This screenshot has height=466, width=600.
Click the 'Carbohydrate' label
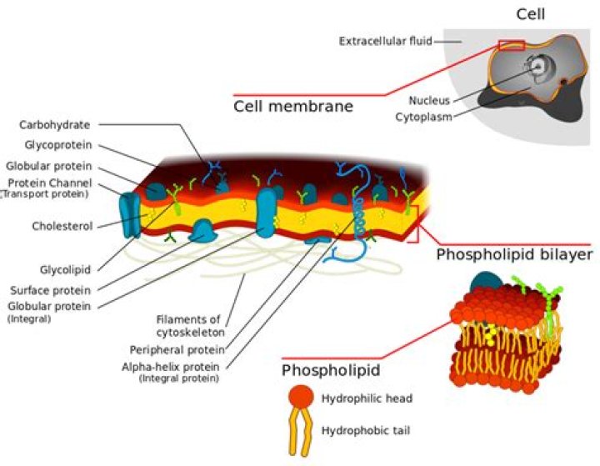(54, 125)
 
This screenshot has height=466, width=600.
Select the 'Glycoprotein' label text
(56, 145)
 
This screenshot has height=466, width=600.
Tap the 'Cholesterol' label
(61, 225)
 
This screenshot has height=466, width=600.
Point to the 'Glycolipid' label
(67, 269)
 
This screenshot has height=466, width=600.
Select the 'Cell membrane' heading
(292, 107)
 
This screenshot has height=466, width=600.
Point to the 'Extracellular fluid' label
(384, 40)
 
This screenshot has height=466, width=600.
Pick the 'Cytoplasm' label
(423, 117)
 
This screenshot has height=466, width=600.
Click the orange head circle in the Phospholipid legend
(302, 398)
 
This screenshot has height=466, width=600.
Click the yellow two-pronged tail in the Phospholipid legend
(302, 432)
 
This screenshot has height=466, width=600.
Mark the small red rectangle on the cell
(511, 45)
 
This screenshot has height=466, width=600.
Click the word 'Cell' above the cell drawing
(531, 13)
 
